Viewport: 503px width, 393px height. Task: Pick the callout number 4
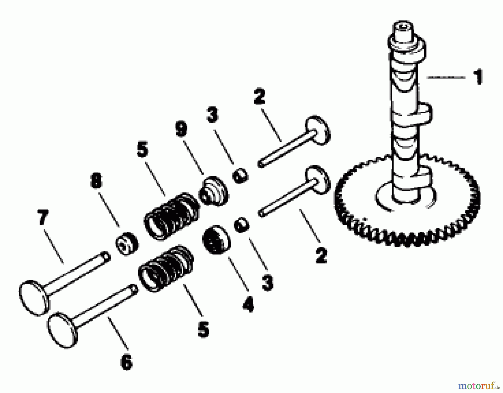tap(248, 305)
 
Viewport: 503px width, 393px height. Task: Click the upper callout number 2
tap(259, 96)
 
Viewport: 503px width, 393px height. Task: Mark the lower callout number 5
tap(203, 329)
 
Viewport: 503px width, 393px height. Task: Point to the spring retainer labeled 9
tap(213, 190)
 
